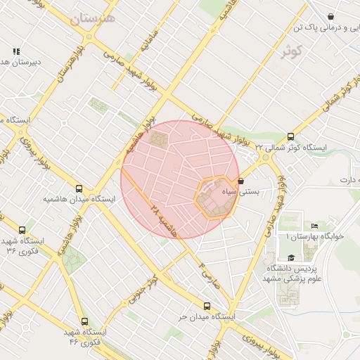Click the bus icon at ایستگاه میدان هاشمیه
pos(79,188)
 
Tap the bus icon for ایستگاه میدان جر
pos(206,306)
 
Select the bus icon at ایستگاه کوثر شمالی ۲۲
pos(290,137)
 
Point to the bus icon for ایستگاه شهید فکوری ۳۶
pos(22,229)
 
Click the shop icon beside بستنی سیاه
pos(241,181)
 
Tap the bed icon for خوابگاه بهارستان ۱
pos(314,226)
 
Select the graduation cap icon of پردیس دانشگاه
pos(291,258)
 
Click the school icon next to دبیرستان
pos(16,51)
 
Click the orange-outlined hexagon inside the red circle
pos(214,197)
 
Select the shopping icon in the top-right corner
pos(331,16)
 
